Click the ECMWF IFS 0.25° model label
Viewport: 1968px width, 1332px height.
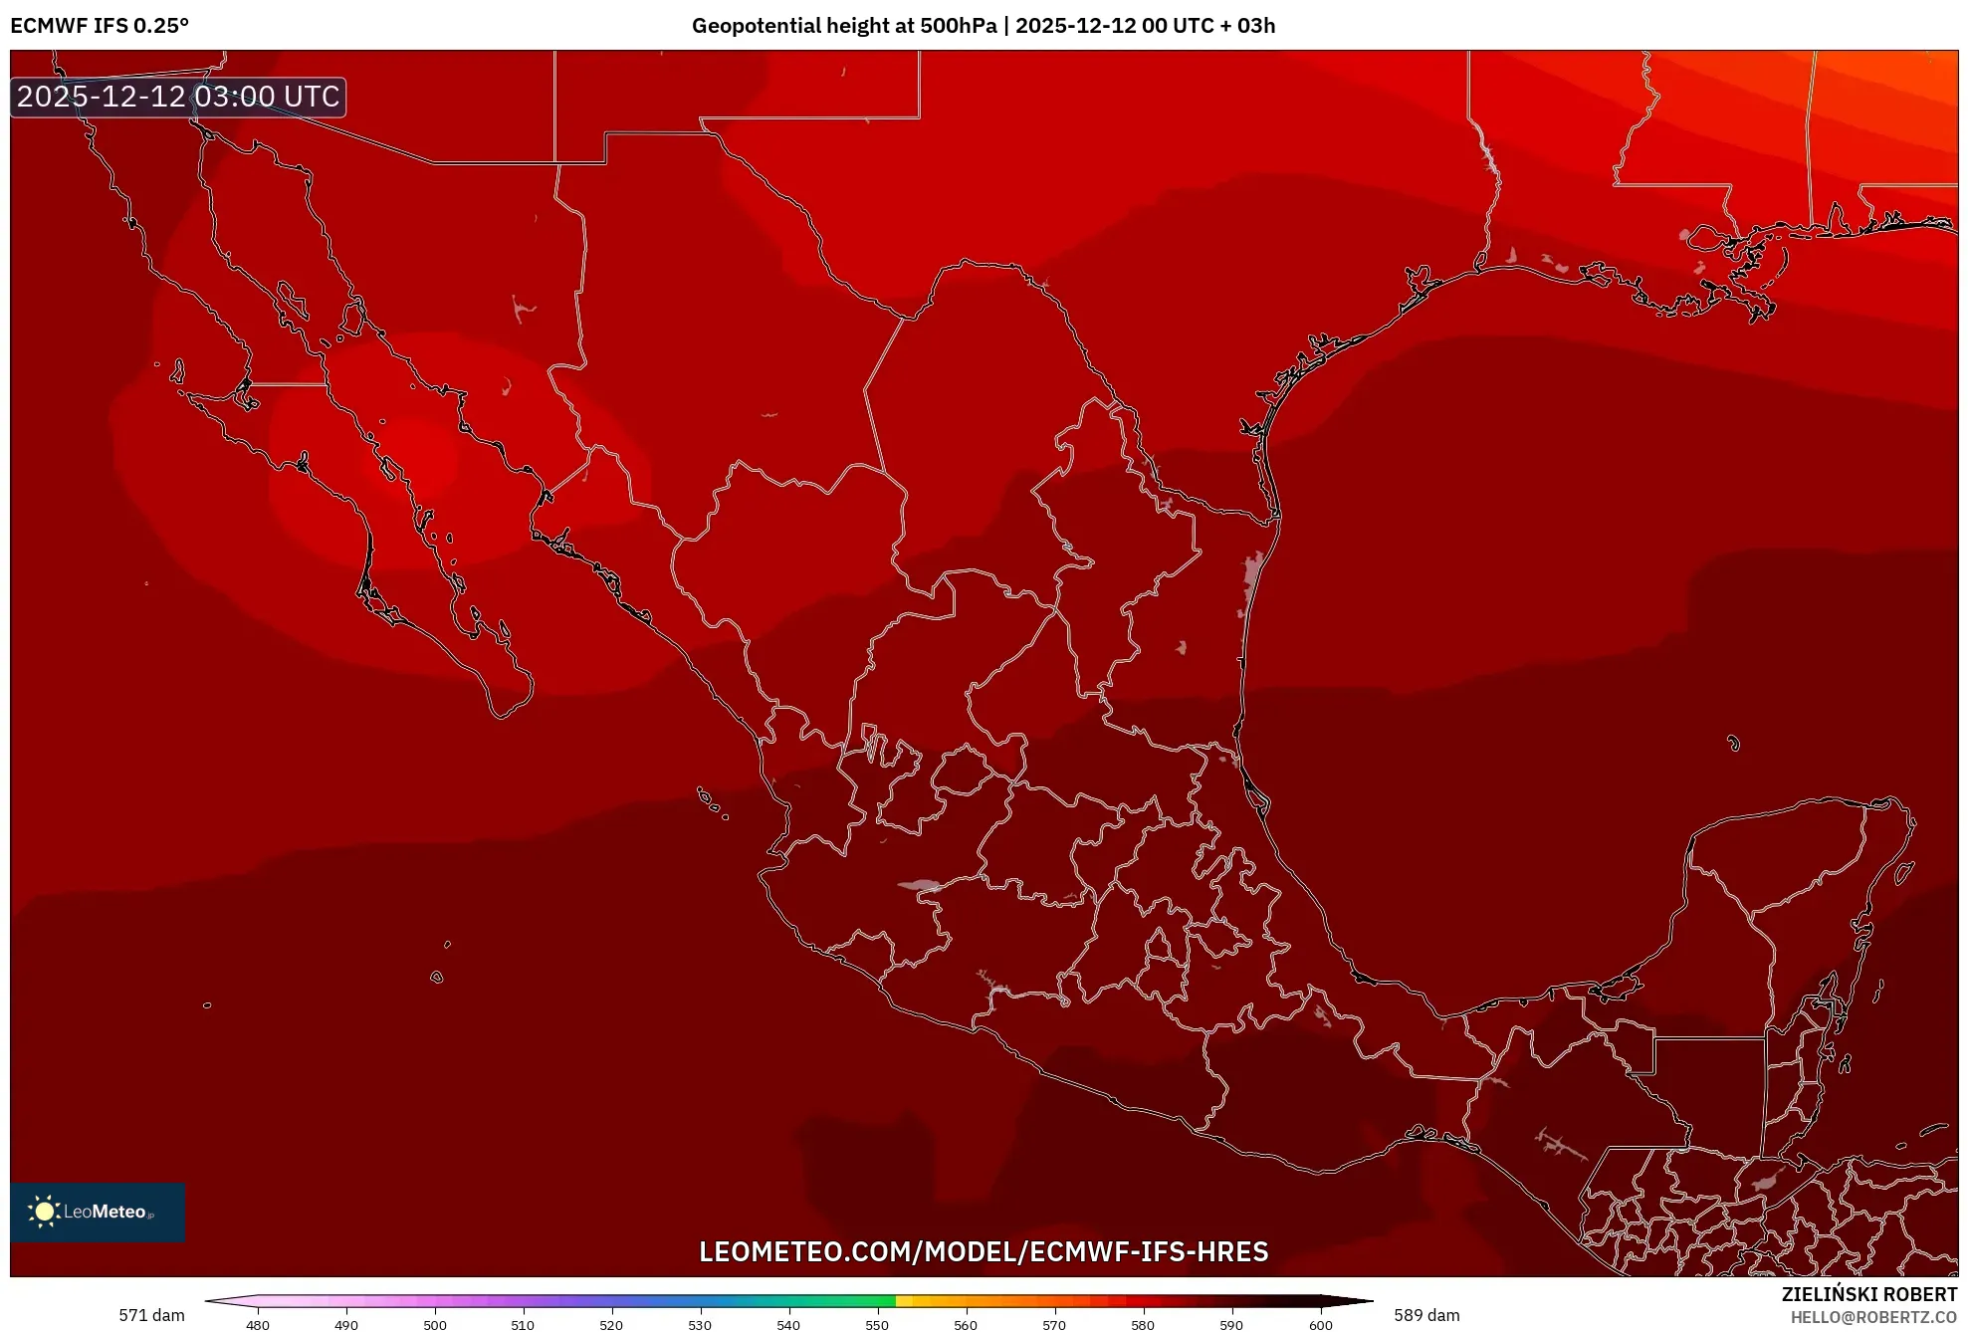coord(100,26)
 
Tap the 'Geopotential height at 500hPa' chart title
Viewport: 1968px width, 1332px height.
coord(843,26)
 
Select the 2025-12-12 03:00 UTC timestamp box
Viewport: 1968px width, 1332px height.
coord(178,97)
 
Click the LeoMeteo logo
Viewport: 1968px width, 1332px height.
coord(98,1212)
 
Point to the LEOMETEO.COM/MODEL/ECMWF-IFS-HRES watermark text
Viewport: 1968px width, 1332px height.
coord(984,1251)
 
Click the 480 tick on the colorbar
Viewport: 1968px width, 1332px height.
coord(258,1325)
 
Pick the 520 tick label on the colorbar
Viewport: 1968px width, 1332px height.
coord(611,1325)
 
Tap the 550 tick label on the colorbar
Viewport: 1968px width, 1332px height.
coord(877,1325)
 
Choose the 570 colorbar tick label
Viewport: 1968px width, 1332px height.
coord(1054,1325)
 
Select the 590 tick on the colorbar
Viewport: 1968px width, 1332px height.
coord(1231,1325)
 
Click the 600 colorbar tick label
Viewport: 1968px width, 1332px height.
coord(1320,1325)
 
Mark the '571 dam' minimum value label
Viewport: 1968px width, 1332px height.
coord(151,1315)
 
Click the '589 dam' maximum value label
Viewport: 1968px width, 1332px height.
coord(1426,1315)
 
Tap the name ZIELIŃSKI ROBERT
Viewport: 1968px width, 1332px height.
coord(1868,1294)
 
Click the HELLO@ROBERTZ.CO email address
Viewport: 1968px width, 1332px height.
coord(1873,1317)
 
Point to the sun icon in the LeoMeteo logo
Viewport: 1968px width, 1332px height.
coord(44,1212)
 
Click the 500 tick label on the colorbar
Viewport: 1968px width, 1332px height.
coord(435,1325)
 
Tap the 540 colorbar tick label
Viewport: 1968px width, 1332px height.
coord(788,1325)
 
